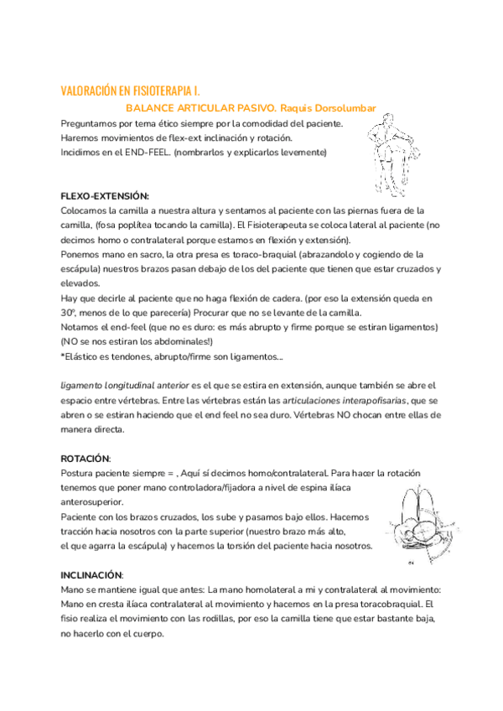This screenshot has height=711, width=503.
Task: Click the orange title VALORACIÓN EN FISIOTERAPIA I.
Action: pos(131,90)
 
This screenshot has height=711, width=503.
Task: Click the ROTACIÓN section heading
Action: pos(86,458)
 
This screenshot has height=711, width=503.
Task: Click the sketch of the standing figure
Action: pos(387,153)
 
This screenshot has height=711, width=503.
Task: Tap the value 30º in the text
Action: pos(70,312)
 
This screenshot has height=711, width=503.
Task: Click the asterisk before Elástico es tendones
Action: pos(63,356)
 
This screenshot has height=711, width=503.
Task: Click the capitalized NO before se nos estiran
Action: pos(70,341)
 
